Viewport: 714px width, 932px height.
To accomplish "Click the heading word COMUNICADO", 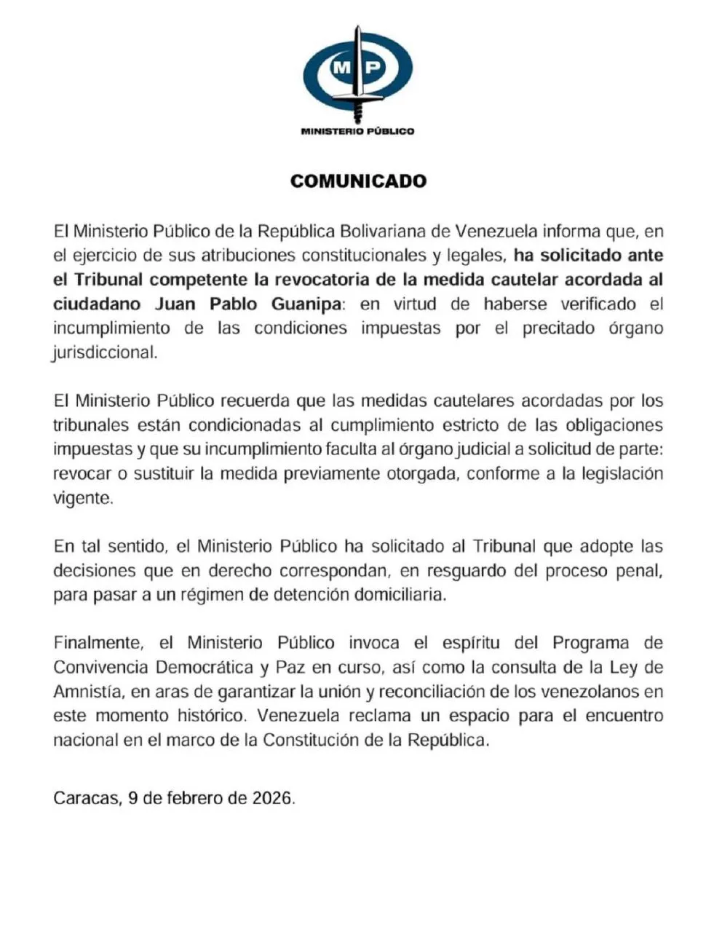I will pyautogui.click(x=357, y=181).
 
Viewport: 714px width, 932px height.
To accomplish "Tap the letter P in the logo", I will pyautogui.click(x=372, y=68).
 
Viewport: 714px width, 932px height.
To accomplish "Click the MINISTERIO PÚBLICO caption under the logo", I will pyautogui.click(x=357, y=131).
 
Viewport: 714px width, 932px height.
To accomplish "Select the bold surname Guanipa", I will pyautogui.click(x=299, y=304).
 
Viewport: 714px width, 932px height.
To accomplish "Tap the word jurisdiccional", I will pyautogui.click(x=104, y=352).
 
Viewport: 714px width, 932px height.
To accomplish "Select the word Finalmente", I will pyautogui.click(x=95, y=643).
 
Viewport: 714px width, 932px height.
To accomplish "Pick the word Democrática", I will pyautogui.click(x=205, y=668).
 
